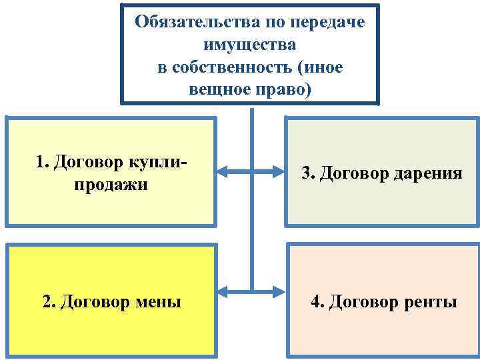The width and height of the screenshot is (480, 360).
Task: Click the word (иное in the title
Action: click(321, 67)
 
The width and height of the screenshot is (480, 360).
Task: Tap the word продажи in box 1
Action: click(111, 183)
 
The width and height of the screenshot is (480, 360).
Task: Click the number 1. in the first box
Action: click(43, 161)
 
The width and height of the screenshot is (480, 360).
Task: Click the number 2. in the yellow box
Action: click(49, 302)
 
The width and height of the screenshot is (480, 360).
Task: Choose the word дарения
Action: click(428, 173)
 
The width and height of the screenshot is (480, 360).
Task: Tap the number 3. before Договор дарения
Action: click(308, 173)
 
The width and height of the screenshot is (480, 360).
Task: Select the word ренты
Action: click(431, 302)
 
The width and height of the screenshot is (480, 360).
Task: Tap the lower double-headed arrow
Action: click(251, 291)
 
